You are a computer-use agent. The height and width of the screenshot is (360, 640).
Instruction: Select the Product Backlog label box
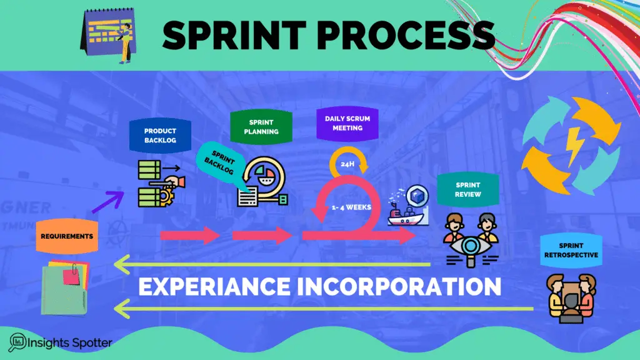tap(160, 136)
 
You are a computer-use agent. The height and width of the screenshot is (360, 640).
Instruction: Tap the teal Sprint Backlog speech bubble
tap(223, 164)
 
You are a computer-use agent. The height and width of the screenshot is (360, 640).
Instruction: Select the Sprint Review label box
tap(468, 189)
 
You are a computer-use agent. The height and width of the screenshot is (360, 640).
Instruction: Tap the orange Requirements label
tap(67, 236)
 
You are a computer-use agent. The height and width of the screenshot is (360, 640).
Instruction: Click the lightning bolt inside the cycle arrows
tap(572, 147)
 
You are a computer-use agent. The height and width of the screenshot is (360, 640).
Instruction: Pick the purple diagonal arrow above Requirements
tap(106, 203)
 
